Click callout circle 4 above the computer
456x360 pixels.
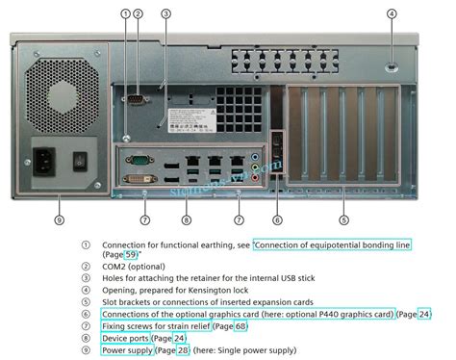point(392,13)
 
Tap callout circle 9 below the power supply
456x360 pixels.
point(59,219)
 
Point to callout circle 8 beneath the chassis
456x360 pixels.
point(187,219)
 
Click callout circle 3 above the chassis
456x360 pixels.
point(166,13)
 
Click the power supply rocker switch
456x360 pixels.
point(81,159)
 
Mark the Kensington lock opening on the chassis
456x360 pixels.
point(392,66)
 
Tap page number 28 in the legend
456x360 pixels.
point(180,350)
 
